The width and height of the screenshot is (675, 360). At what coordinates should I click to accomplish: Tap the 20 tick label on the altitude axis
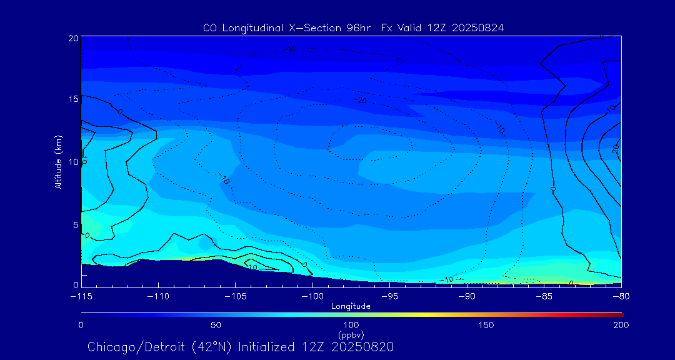coord(73,38)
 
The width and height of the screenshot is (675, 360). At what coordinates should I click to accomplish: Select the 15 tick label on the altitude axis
coord(73,99)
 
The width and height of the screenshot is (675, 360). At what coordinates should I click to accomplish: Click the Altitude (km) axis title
coord(58,161)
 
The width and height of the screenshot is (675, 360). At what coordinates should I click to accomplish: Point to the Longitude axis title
coord(351,306)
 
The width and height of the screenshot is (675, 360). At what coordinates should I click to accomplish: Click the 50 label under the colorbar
coord(216,325)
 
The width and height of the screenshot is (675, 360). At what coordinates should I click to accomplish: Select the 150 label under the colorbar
coord(486,325)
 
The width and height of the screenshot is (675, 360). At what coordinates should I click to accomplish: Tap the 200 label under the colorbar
coord(621,325)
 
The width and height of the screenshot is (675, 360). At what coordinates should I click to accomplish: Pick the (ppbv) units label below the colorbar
coord(351,334)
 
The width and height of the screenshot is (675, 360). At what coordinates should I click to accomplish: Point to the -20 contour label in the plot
coord(361,100)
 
